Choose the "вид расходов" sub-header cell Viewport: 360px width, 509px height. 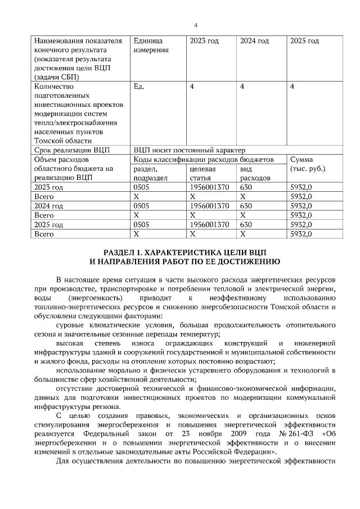(254, 173)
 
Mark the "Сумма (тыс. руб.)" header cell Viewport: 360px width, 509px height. (308, 164)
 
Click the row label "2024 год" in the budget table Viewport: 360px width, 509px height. (51, 205)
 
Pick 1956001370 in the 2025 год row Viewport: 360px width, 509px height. (210, 224)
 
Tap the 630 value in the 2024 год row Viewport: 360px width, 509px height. (246, 205)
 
